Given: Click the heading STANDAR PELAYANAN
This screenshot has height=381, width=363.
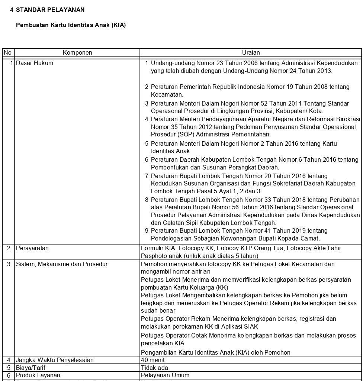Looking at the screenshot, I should (50, 10).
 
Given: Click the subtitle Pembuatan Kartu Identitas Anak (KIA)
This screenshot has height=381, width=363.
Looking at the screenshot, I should (71, 25).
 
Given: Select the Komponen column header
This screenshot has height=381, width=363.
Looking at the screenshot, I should (77, 53).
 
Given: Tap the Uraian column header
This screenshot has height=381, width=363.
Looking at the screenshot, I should (251, 53).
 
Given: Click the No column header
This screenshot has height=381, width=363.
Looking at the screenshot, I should (7, 53).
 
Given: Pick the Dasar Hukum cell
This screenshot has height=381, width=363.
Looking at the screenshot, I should (35, 63).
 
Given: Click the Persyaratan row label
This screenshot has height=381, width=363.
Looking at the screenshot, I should (32, 248).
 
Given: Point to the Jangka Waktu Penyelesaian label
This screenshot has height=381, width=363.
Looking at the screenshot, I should (55, 360).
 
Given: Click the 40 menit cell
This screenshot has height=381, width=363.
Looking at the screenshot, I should (153, 360).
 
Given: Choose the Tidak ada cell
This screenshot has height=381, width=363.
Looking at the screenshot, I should (154, 368).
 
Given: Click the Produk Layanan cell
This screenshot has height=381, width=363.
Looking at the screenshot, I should (38, 375).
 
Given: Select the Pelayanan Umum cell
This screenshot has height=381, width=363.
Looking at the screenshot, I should (165, 375).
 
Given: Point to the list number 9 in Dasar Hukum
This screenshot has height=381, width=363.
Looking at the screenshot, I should (147, 231).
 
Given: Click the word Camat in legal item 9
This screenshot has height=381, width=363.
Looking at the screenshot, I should (310, 239).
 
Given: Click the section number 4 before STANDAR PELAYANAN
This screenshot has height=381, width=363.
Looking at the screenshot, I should (12, 10).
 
